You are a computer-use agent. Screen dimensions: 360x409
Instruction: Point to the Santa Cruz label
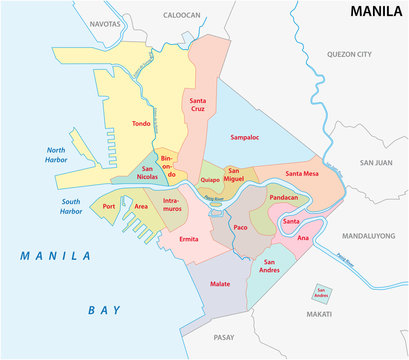(195, 107)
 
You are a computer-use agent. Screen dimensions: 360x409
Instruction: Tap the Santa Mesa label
(302, 174)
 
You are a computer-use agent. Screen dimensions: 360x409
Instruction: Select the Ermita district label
(189, 240)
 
